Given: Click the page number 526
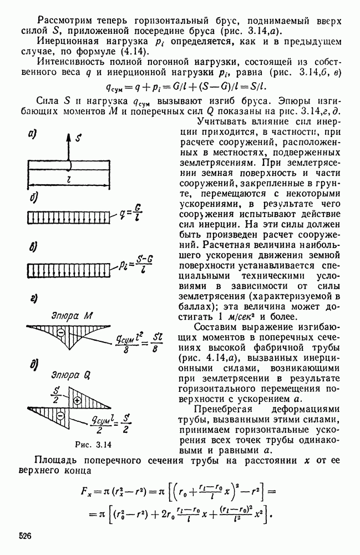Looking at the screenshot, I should [x=24, y=537].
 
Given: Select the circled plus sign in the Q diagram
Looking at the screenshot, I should [x=78, y=400].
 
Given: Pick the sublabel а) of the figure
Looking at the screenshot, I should [x=32, y=133].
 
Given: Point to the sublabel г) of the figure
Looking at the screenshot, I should [x=32, y=300].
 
